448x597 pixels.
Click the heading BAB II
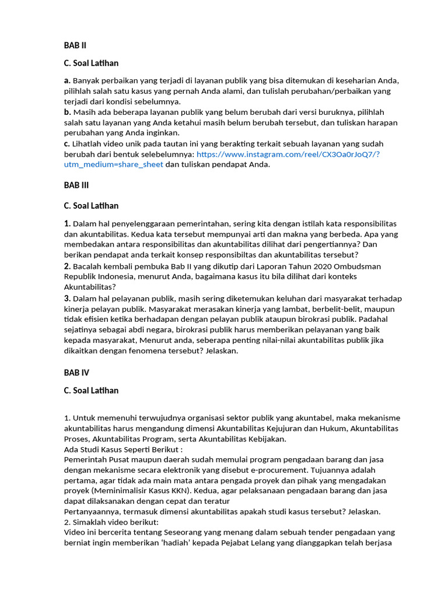coord(75,45)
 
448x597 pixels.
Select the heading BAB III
coord(76,185)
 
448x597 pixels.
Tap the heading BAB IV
coord(76,372)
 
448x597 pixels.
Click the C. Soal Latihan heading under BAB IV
coord(91,391)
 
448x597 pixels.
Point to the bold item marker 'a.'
coord(67,80)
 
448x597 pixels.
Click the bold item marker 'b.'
coord(68,112)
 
